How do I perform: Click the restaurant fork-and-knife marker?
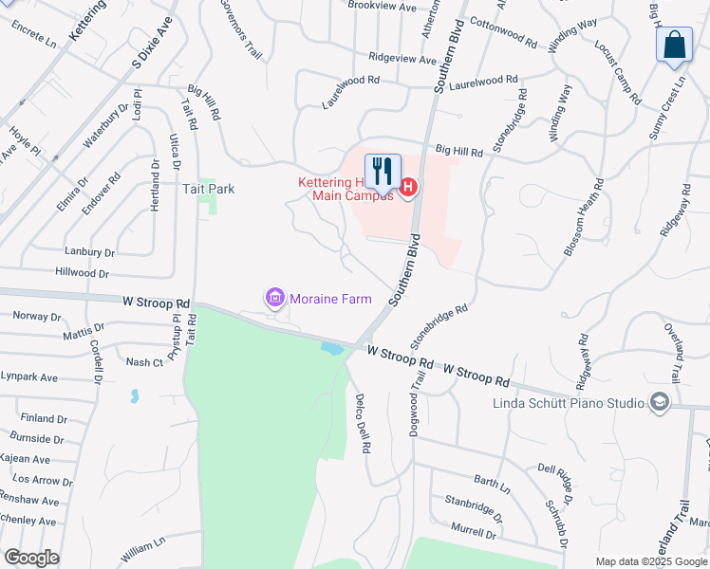[383, 172]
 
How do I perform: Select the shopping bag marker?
[673, 46]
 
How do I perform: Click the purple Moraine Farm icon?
[275, 299]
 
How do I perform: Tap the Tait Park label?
[208, 189]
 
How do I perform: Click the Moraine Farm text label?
[330, 299]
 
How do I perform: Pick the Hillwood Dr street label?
[83, 272]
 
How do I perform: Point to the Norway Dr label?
[37, 317]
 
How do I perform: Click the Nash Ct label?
[144, 362]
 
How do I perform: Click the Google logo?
[31, 558]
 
